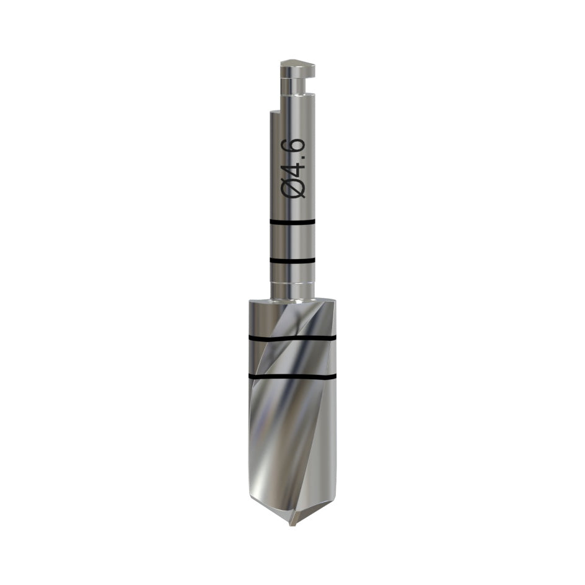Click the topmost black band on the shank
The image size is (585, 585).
(x=292, y=222)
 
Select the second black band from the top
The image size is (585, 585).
(x=292, y=260)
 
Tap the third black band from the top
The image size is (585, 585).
(x=292, y=338)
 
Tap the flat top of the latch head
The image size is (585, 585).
(x=297, y=63)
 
